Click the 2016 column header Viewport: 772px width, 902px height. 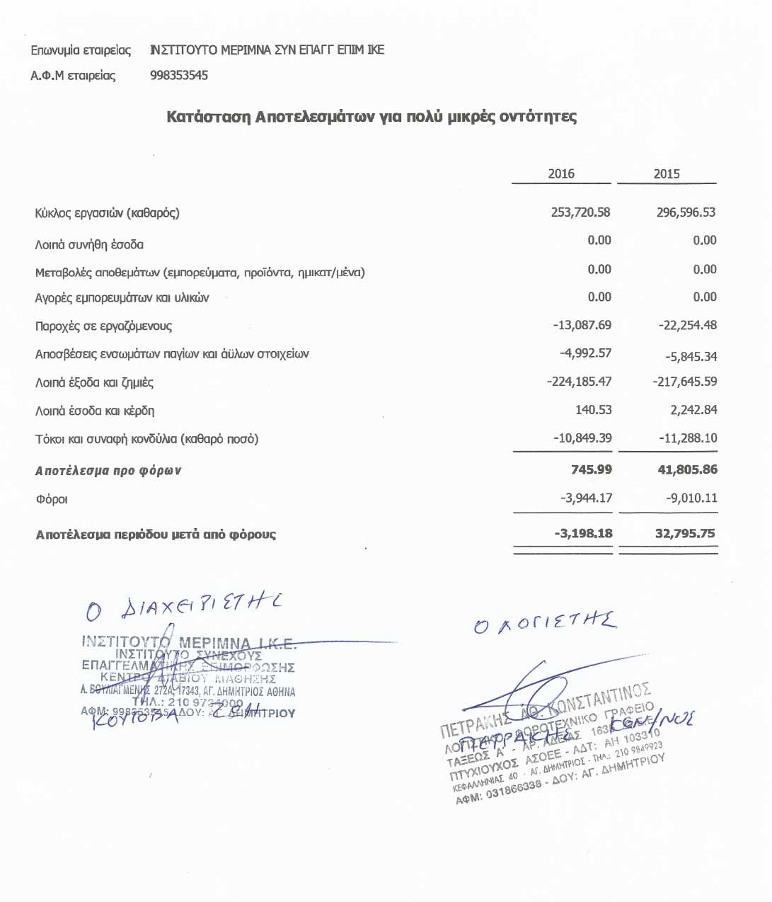coord(561,173)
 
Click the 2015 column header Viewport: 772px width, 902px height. coord(667,173)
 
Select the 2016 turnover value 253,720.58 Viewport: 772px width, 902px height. coord(580,212)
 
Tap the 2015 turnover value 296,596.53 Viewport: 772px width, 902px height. coord(686,212)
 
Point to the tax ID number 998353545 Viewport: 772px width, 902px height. coord(179,76)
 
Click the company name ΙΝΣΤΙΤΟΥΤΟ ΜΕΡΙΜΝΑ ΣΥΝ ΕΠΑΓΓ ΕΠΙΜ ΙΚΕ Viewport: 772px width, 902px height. coord(267,50)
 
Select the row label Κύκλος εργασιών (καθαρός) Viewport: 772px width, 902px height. coord(107,213)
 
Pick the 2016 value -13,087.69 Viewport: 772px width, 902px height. coord(582,326)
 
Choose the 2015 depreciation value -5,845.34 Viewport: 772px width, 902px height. coord(691,357)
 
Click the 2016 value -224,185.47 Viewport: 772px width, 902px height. coord(580,382)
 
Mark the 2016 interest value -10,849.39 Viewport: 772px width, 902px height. coord(582,438)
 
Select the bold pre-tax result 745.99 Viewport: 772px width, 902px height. coord(592,469)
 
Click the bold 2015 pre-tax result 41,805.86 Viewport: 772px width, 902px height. coord(687,469)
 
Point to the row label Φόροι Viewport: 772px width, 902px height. coord(52,499)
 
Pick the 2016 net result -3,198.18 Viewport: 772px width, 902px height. coord(584,533)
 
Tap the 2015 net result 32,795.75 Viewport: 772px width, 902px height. coord(685,533)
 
